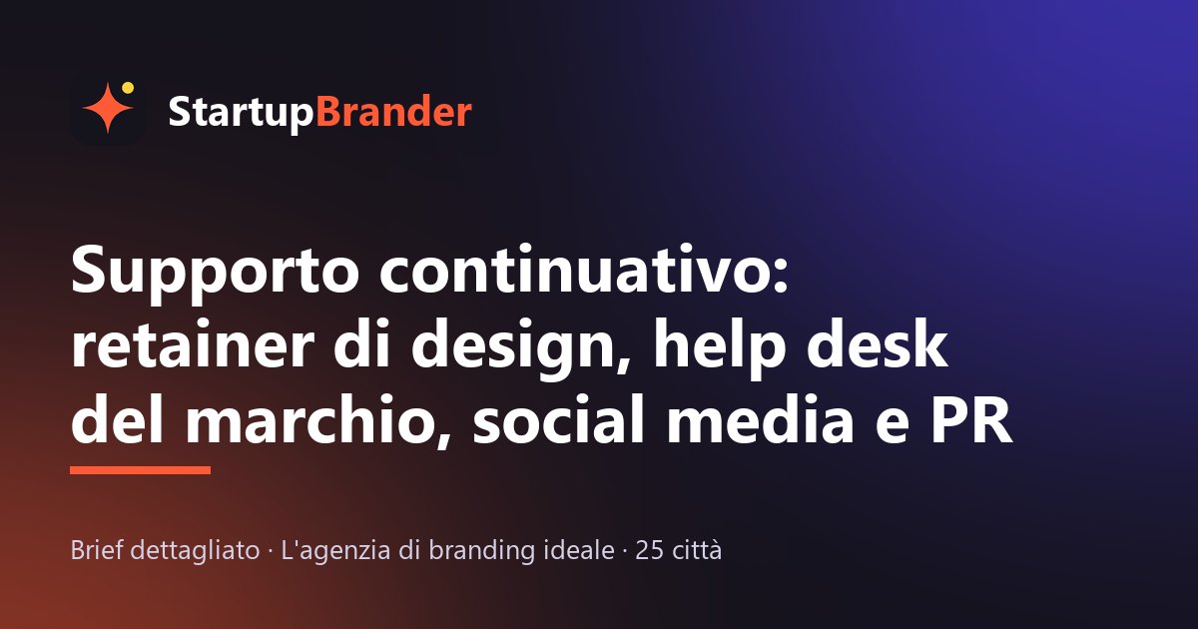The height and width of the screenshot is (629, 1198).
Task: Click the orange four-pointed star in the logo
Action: tap(108, 108)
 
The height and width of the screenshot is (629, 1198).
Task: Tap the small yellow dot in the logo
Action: tap(128, 88)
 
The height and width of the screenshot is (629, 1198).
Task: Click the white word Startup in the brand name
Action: tap(241, 113)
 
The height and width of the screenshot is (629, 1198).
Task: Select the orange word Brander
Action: tap(394, 111)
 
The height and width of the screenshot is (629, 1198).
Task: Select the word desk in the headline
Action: tap(878, 342)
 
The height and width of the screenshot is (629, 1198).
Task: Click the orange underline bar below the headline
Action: tap(140, 470)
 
